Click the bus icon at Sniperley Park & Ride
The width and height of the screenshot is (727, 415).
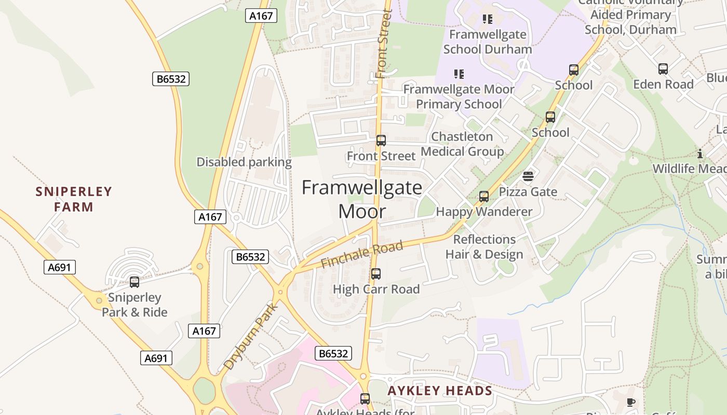(x=134, y=282)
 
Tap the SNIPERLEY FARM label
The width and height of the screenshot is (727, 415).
(x=74, y=199)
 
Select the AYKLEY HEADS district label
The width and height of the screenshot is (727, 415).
(x=440, y=391)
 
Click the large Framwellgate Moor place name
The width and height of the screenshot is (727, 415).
(x=362, y=199)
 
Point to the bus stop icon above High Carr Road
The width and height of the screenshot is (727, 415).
(x=376, y=273)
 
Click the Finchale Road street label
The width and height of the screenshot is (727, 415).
(x=361, y=254)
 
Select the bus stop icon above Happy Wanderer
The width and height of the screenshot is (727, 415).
(x=484, y=197)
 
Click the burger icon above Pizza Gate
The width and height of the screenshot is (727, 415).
(x=528, y=177)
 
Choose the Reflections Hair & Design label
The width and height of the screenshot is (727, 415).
(x=484, y=246)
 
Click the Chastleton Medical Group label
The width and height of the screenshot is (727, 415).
(x=462, y=144)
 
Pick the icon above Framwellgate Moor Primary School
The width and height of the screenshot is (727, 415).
(x=459, y=74)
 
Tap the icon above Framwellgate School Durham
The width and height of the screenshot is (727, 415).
(x=487, y=19)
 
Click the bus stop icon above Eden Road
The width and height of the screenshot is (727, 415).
(x=663, y=69)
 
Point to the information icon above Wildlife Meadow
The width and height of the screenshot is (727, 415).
(x=700, y=154)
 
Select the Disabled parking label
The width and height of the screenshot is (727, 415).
(x=244, y=162)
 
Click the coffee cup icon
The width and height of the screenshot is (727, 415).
(x=631, y=402)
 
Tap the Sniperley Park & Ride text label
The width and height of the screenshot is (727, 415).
(x=134, y=305)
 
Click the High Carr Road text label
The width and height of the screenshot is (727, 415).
(x=376, y=289)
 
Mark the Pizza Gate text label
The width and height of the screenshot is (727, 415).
(x=528, y=191)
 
